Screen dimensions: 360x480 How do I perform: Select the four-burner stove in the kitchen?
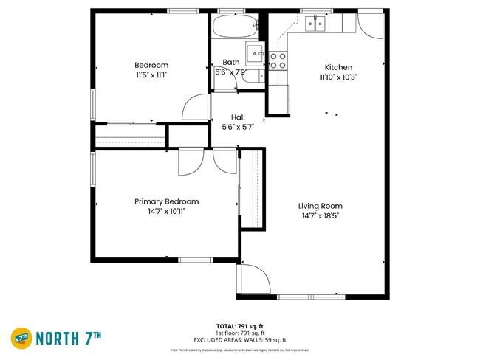tap(278, 60)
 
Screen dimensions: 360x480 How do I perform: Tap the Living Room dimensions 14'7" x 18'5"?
tap(320, 216)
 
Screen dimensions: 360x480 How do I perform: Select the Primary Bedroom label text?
tap(166, 201)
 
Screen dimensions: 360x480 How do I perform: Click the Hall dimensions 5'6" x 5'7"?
tap(238, 127)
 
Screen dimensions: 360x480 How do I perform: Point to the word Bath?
tap(231, 63)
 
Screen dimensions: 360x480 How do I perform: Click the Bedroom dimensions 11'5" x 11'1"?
tap(151, 75)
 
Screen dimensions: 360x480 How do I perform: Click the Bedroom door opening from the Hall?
tap(193, 108)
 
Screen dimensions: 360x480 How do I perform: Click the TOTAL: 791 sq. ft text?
tap(240, 325)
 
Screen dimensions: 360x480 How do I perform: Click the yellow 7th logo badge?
tap(20, 339)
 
